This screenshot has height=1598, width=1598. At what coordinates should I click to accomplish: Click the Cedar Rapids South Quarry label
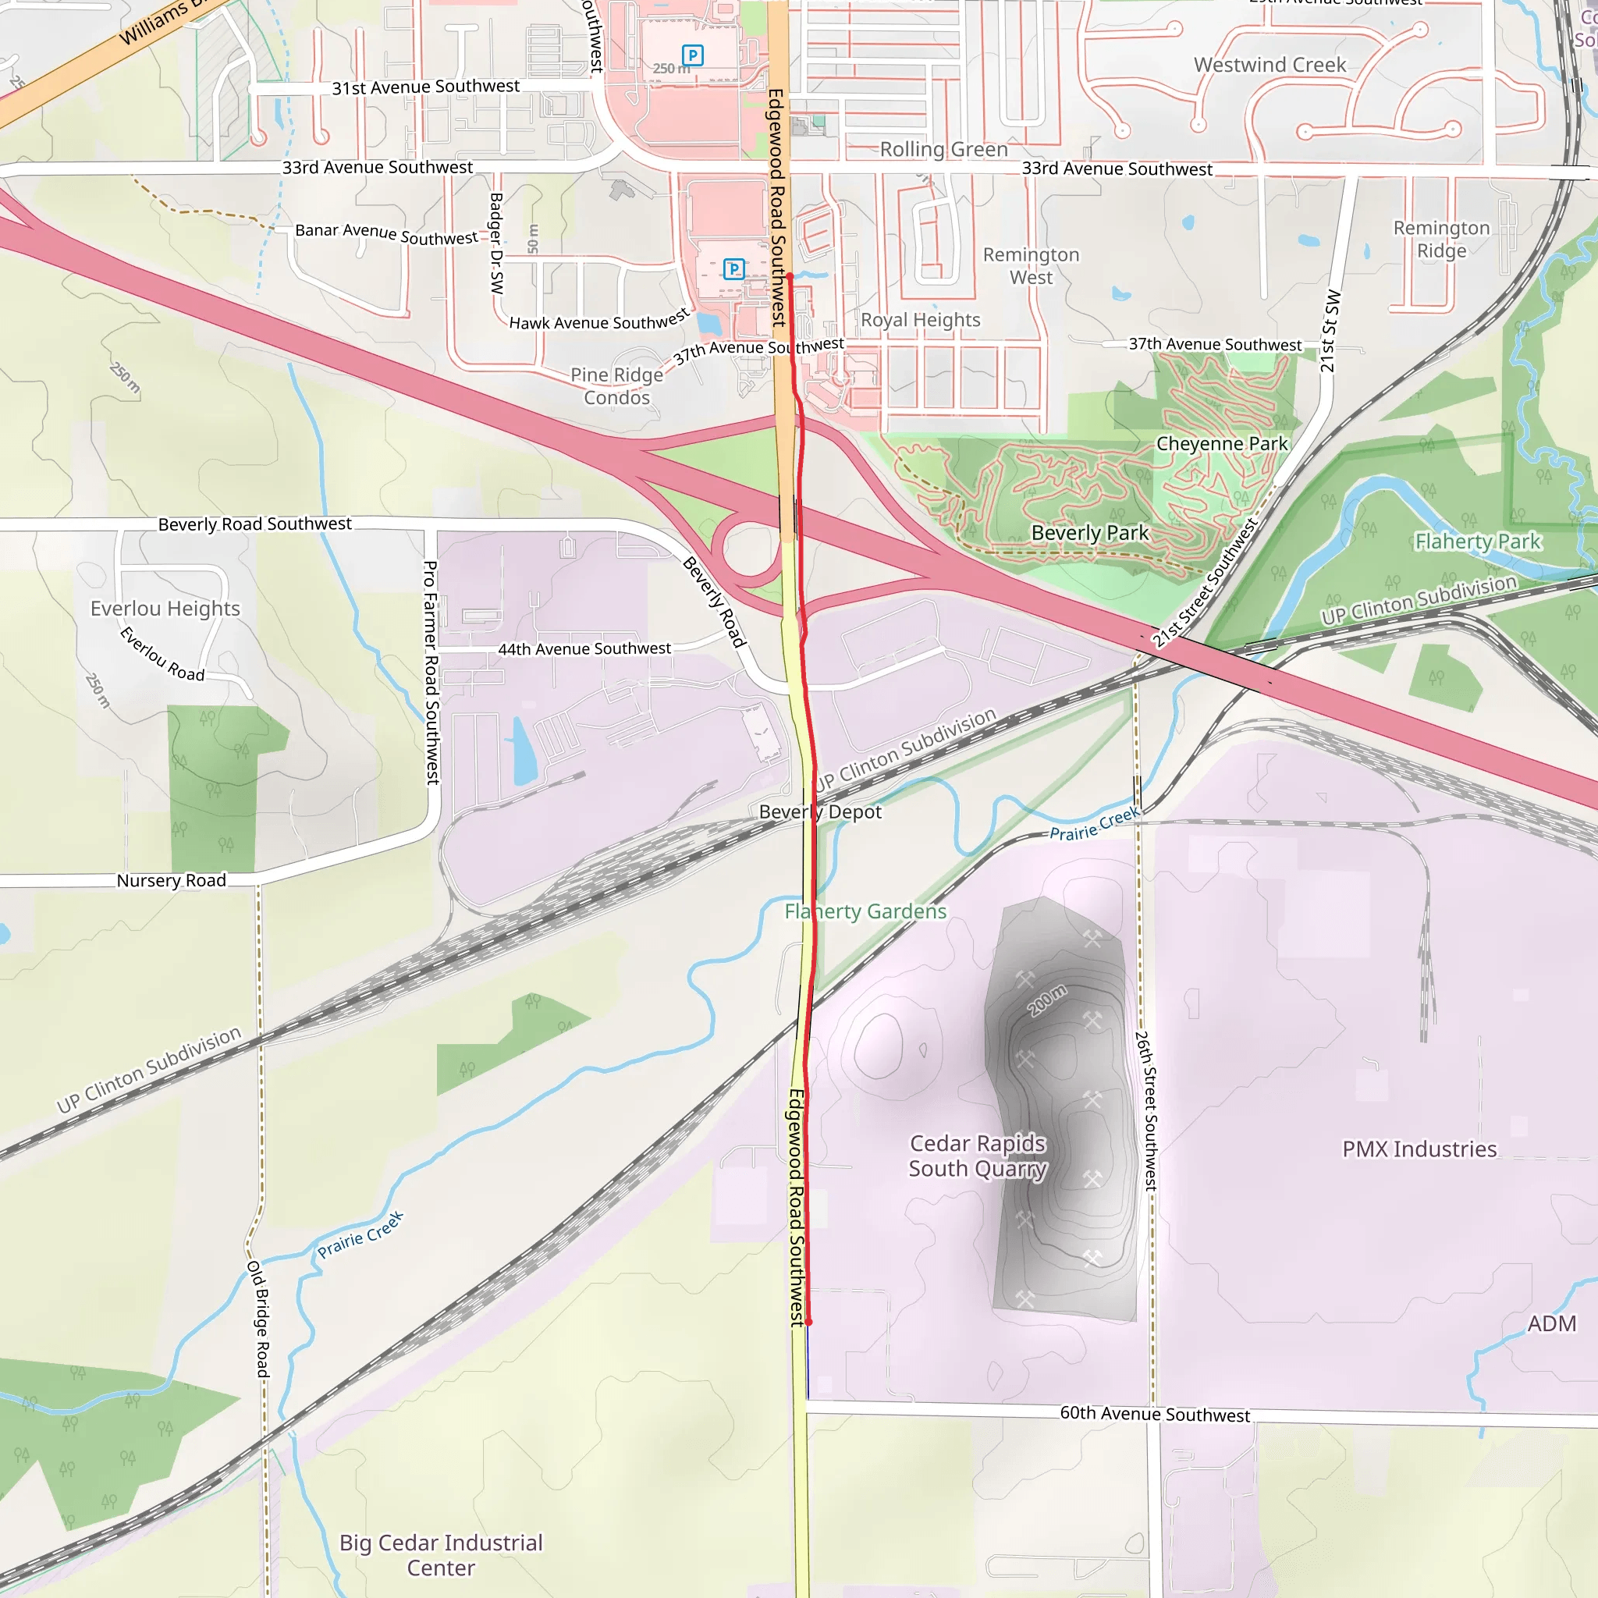[978, 1156]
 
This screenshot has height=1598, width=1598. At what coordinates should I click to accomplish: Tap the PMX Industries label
[1419, 1149]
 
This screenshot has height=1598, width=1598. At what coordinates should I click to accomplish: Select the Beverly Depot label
[820, 812]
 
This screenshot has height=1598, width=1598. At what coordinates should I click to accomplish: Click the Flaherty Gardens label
[865, 911]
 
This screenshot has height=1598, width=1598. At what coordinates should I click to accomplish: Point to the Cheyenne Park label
[1222, 444]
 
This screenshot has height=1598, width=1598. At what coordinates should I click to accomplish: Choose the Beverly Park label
[1089, 534]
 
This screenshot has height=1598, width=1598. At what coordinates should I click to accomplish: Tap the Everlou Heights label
[165, 609]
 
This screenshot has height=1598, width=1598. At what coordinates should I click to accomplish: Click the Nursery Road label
[171, 881]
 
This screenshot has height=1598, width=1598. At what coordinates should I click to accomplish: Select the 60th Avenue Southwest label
[1155, 1415]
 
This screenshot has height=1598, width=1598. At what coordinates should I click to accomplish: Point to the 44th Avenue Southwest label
[584, 649]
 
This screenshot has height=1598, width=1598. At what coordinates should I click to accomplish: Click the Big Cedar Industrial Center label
[441, 1555]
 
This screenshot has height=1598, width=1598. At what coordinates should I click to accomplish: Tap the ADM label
[1552, 1323]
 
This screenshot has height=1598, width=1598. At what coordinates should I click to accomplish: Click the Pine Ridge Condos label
[617, 386]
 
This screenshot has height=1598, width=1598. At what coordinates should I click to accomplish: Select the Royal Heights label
[921, 320]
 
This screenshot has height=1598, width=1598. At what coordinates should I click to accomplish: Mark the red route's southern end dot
[808, 1322]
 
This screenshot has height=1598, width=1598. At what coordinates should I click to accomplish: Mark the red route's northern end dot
[790, 275]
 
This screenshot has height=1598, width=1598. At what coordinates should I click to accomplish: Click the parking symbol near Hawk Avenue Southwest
[733, 269]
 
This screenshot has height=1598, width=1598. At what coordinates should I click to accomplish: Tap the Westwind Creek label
[1270, 65]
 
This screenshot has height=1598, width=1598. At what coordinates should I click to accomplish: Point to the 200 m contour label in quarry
[1047, 1001]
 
